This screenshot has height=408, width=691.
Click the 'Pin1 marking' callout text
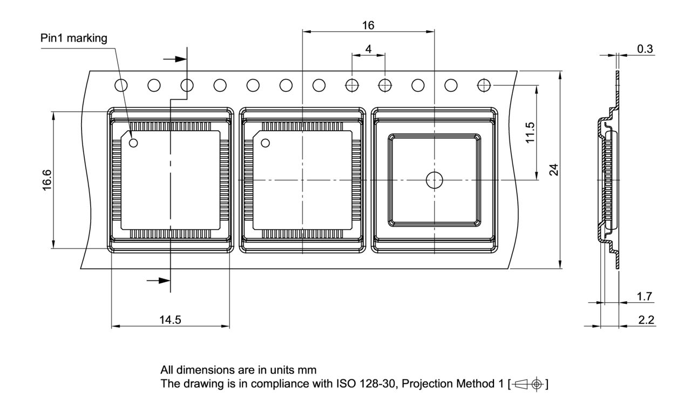(x=74, y=38)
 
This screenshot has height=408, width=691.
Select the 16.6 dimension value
(x=47, y=180)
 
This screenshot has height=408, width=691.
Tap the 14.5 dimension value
(x=170, y=320)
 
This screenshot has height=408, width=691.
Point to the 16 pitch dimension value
(x=368, y=25)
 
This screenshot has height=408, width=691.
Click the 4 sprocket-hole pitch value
(x=368, y=49)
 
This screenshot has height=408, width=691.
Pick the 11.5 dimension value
(x=530, y=133)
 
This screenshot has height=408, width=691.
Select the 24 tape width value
(x=554, y=169)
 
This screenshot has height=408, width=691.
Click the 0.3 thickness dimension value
(x=645, y=49)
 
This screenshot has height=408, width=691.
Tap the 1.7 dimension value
(x=645, y=296)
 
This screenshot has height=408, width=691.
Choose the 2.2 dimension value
(x=646, y=320)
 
